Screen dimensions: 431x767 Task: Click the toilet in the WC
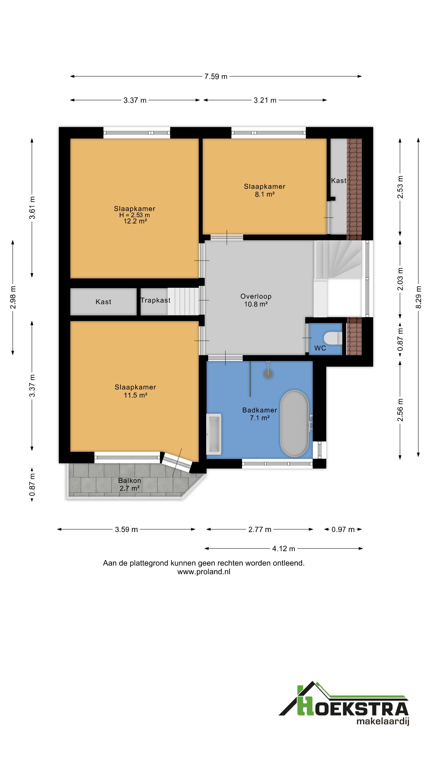point(333,338)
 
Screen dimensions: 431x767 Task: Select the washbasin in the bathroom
point(214,434)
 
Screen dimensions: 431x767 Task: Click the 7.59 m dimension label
point(216,77)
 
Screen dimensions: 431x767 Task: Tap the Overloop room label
point(256,296)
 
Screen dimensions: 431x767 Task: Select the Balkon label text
point(129,481)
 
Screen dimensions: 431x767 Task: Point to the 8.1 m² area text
point(264,194)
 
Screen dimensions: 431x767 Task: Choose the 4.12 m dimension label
point(284,548)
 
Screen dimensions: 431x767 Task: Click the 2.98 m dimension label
point(13,297)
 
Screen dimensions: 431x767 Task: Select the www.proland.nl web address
point(204,572)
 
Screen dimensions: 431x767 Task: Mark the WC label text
point(320,348)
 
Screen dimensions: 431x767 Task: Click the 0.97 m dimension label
point(343,529)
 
